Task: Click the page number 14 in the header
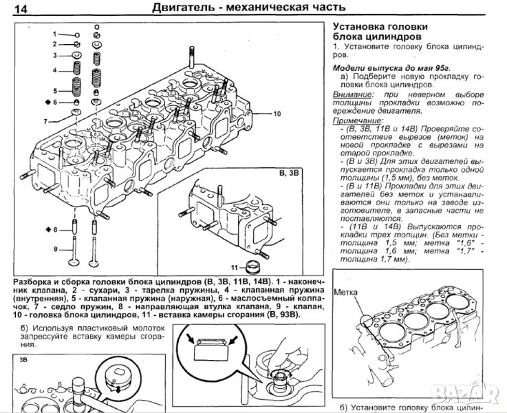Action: coord(21,10)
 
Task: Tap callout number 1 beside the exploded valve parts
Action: coord(53,33)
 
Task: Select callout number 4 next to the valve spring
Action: coord(53,70)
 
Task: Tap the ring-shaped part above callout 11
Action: coord(256,265)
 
